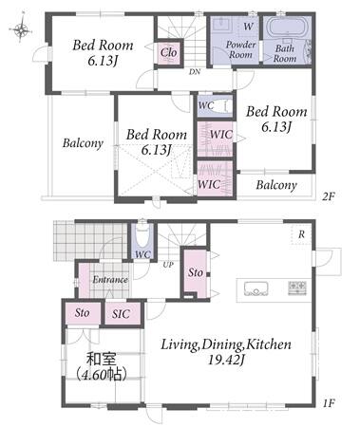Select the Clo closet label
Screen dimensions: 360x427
click(x=169, y=52)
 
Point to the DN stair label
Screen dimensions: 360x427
click(x=195, y=72)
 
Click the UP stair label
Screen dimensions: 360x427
click(x=168, y=265)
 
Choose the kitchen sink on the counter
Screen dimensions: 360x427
click(x=256, y=288)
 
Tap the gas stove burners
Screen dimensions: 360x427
click(x=297, y=288)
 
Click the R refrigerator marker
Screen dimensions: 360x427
click(x=301, y=234)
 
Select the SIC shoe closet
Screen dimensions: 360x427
click(x=123, y=313)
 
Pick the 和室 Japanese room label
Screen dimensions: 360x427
click(x=102, y=360)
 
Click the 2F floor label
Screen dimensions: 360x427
click(x=328, y=196)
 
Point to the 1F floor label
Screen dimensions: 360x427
click(x=329, y=403)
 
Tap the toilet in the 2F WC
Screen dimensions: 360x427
click(x=226, y=105)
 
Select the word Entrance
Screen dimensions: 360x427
click(x=110, y=280)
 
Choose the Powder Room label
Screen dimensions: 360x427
click(x=241, y=49)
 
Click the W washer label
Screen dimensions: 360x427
click(x=248, y=27)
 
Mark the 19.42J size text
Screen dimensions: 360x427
click(x=226, y=360)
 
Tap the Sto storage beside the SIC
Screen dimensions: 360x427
click(x=83, y=313)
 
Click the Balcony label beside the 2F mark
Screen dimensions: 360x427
click(x=276, y=185)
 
